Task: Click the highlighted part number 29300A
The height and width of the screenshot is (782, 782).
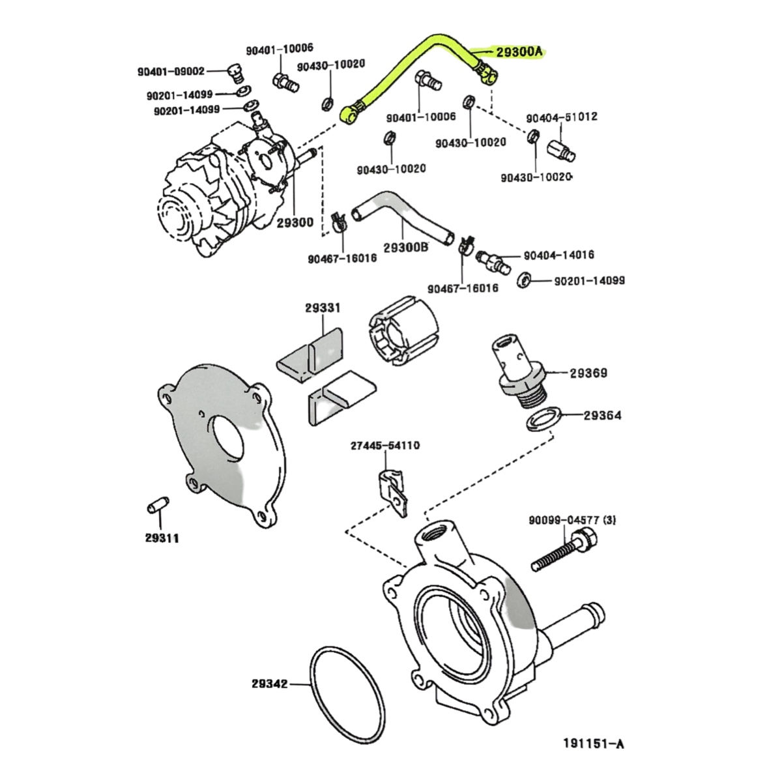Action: (519, 53)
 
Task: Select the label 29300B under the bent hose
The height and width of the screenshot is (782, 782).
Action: (405, 248)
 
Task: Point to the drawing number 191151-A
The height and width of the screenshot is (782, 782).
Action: (593, 744)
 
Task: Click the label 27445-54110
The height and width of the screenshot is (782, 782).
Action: (385, 446)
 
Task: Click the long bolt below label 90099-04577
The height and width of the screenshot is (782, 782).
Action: (564, 551)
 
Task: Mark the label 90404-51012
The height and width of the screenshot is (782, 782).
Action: (562, 117)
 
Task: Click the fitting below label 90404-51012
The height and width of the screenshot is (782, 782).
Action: (562, 150)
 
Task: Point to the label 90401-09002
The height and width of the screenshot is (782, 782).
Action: (171, 72)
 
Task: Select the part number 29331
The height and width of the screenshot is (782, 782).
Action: (322, 308)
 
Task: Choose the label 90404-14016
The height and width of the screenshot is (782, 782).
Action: (559, 255)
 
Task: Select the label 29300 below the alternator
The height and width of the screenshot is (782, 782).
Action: (295, 223)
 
